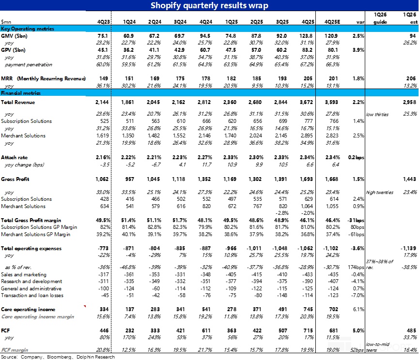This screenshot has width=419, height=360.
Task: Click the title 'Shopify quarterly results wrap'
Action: coord(209,6)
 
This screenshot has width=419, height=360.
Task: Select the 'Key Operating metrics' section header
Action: coord(27,29)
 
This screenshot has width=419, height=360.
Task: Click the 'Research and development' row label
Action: coord(31,281)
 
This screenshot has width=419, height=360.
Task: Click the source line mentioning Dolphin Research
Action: coord(58,357)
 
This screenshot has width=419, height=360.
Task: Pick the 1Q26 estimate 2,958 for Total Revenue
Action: coord(408,103)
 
